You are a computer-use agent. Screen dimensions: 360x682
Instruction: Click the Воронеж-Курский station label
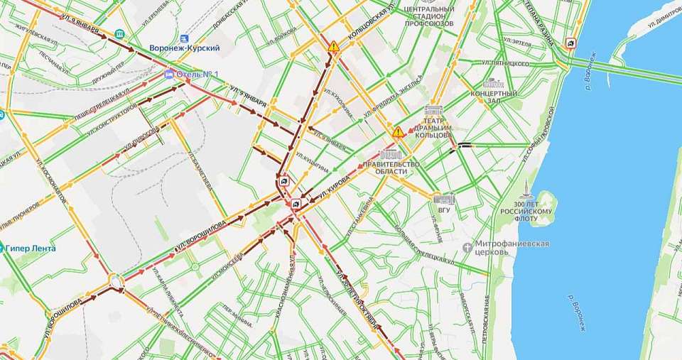184,48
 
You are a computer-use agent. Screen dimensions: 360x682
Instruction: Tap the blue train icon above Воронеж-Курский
185,37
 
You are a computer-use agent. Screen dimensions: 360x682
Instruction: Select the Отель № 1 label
197,74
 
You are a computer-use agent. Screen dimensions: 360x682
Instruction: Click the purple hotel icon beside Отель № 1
169,74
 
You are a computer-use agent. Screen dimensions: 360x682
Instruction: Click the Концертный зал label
494,97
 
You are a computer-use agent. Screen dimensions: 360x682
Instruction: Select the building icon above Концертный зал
493,83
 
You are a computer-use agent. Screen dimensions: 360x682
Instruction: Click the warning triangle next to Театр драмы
399,132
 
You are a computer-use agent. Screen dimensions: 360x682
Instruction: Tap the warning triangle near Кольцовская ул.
333,47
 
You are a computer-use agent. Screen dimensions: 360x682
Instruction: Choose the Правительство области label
391,168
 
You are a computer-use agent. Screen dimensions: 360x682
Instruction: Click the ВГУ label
443,209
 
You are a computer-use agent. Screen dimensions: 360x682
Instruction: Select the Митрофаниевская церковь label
511,247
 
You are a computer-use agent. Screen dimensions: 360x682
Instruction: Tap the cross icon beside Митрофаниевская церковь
467,247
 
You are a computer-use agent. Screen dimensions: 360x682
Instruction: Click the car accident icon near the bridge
570,44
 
